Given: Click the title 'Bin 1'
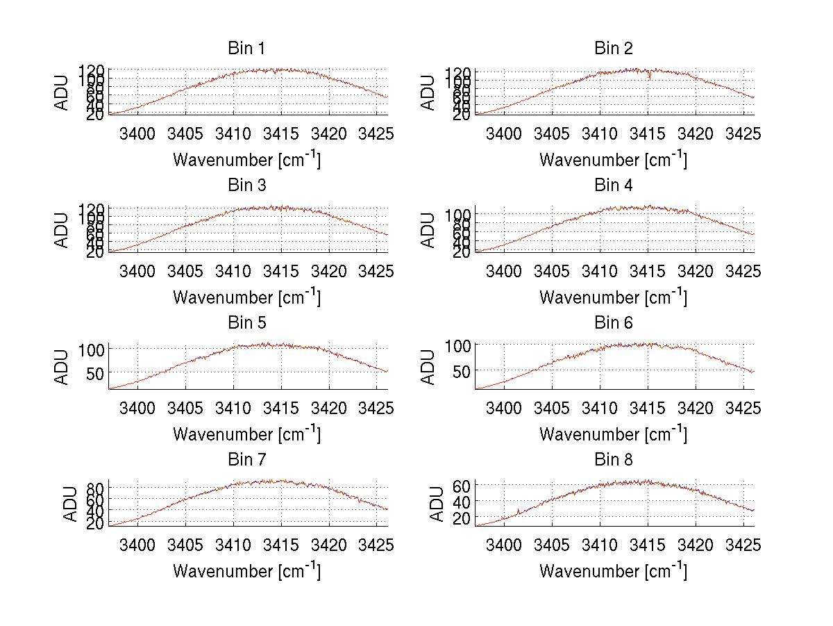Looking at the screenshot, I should tap(246, 49).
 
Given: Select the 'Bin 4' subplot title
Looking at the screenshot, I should tap(614, 186).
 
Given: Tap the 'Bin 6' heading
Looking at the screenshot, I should tap(614, 322).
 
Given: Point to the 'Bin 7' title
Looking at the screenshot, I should tap(246, 460).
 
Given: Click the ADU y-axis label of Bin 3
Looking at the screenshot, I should tap(62, 230).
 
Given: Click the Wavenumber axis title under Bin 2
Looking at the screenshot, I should tap(614, 160).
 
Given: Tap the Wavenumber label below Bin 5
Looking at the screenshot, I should tap(246, 434).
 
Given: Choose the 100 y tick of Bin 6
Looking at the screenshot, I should tap(460, 345).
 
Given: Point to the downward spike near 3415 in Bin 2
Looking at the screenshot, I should tap(649, 76).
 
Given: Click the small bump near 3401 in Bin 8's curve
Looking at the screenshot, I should tap(519, 512).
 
